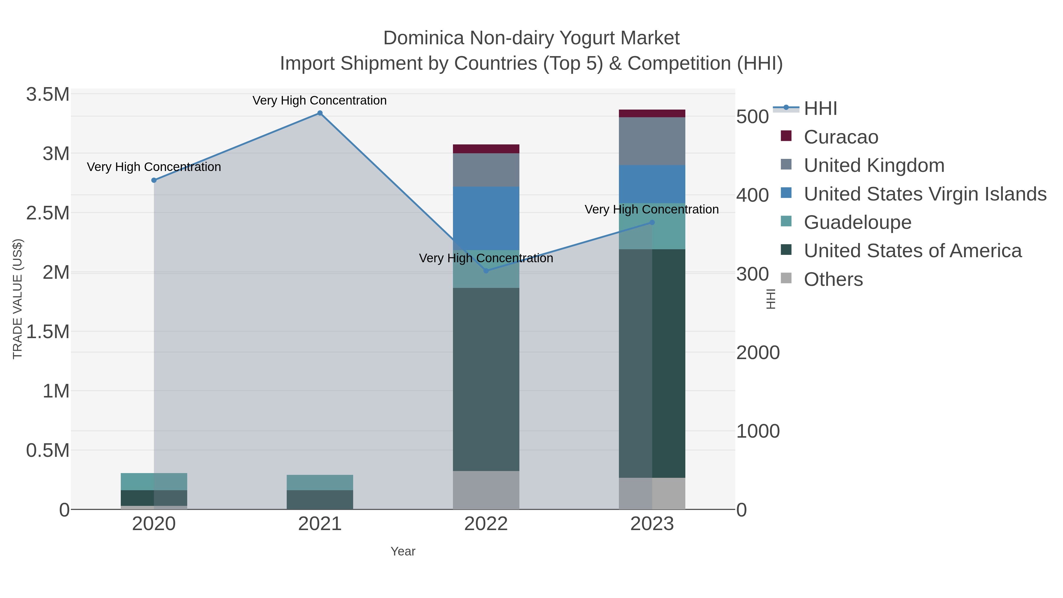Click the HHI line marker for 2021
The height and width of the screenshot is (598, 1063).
[320, 113]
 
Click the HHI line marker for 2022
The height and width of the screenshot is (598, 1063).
[486, 271]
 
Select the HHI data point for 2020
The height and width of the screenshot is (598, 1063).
[154, 180]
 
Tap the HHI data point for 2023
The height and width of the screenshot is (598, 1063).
[652, 222]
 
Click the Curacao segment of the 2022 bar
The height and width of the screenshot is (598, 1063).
[486, 149]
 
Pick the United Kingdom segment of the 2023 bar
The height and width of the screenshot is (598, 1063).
[652, 141]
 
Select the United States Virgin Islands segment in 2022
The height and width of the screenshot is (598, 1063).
[486, 218]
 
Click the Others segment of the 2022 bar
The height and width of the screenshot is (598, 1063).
[486, 490]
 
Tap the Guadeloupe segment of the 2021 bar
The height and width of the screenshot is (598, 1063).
[320, 483]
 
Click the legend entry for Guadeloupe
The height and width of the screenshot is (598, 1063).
[857, 222]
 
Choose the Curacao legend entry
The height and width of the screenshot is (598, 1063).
[841, 137]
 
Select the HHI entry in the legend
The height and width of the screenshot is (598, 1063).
[820, 109]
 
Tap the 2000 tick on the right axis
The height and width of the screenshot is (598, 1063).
[758, 353]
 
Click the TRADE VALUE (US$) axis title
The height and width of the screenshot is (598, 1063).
[17, 299]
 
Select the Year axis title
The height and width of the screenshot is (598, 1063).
[403, 551]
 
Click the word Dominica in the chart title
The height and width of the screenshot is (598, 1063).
[423, 38]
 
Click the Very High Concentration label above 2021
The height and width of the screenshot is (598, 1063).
[319, 100]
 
